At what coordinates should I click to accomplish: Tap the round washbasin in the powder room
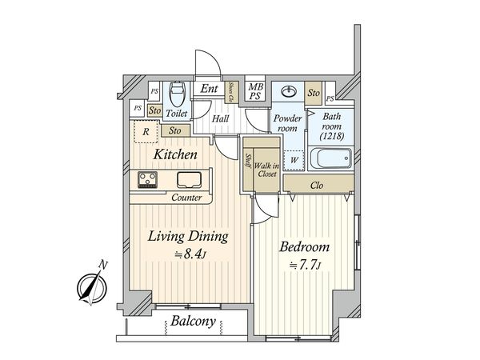point(288,91)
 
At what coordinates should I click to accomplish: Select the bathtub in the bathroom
point(331,158)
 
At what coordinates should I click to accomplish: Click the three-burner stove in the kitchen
point(147,179)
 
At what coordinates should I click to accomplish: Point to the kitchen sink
point(189,179)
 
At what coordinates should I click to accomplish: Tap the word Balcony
point(193,322)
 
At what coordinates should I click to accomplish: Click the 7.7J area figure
point(306,265)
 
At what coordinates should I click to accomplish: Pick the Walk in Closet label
point(267,170)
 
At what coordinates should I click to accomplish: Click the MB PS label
point(255,91)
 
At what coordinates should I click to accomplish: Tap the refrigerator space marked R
point(146,132)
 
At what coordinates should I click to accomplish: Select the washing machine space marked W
point(294,160)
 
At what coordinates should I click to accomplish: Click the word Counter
point(186,198)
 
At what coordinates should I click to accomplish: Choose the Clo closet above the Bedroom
point(318,184)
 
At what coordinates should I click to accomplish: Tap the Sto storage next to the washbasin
point(314,93)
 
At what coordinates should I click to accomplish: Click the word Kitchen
point(175,154)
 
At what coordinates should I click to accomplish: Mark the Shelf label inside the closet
point(249,161)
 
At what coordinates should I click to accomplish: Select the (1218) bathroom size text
point(332,136)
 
